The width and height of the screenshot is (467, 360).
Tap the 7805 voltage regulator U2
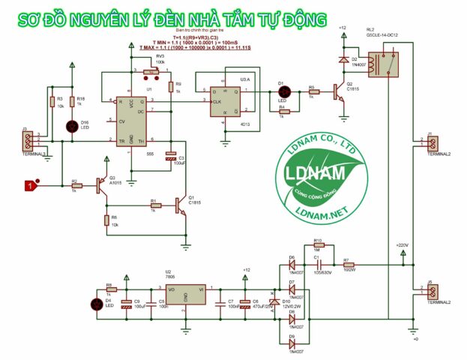(x=186, y=295)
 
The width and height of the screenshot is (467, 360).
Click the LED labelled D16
(x=72, y=125)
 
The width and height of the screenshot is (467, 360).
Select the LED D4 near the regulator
(x=96, y=304)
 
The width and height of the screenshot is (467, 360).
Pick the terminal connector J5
(x=433, y=291)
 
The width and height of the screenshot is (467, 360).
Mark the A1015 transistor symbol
(x=101, y=184)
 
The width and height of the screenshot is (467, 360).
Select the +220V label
(x=403, y=246)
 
